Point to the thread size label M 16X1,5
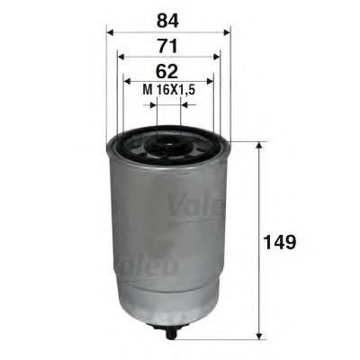(169, 90)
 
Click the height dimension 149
(279, 242)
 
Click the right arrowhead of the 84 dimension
(228, 31)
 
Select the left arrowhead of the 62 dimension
(127, 81)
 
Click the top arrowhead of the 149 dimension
(260, 144)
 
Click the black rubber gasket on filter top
(135, 143)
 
